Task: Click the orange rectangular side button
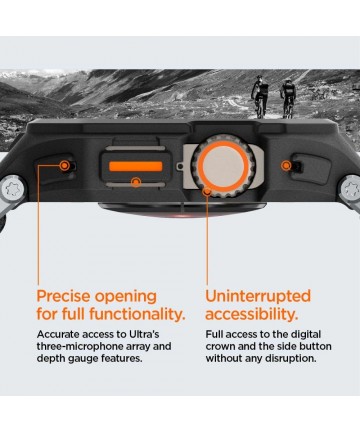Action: click(136, 166)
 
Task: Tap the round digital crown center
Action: click(223, 166)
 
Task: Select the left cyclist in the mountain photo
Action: click(259, 96)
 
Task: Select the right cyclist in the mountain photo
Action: click(288, 98)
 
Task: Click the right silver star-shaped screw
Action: click(351, 189)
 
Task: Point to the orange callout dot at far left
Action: click(65, 165)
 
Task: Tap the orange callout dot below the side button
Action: click(136, 182)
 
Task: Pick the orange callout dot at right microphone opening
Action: click(286, 165)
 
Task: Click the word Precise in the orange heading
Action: click(64, 296)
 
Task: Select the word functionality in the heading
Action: click(137, 314)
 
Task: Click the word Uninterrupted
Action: click(258, 296)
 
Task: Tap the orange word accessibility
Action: click(252, 314)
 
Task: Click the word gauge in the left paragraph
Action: click(82, 359)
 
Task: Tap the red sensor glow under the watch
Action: click(182, 215)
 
